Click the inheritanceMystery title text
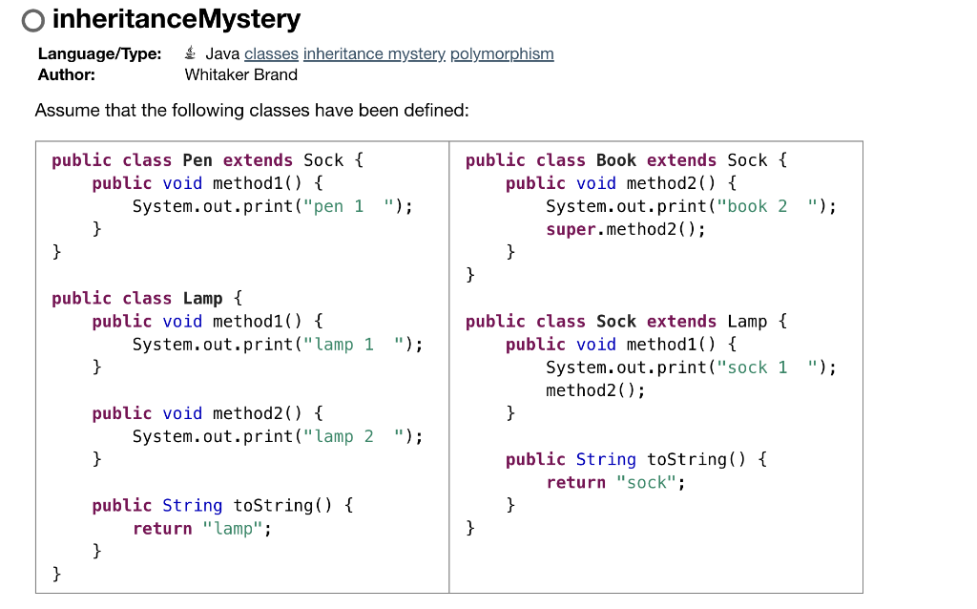pos(176,19)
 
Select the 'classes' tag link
pos(271,54)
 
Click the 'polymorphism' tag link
pos(502,54)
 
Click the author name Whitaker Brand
pos(240,74)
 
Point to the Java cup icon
pos(192,53)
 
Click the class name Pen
pos(197,160)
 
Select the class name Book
pos(615,160)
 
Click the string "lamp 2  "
pos(353,436)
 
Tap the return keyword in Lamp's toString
pos(162,528)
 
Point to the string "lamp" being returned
pos(233,528)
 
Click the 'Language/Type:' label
pos(99,54)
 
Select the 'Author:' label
pos(66,74)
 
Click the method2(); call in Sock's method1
pos(595,390)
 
